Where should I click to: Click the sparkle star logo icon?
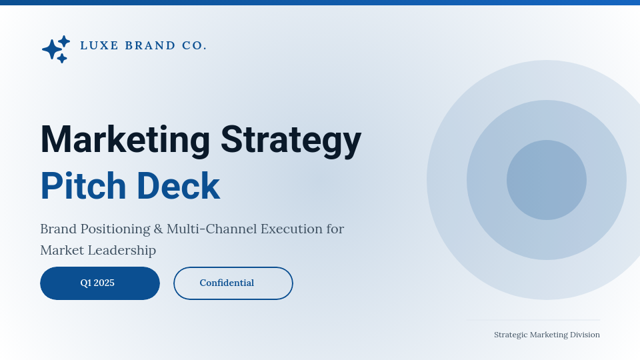55,49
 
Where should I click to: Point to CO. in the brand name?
194,45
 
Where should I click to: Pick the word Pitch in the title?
83,186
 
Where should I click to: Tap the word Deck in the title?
178,186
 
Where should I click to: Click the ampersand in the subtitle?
158,229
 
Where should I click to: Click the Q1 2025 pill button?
100,283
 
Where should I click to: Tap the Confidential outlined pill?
233,283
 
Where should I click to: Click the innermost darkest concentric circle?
547,180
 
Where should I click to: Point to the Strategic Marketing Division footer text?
547,335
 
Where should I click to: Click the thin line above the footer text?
533,320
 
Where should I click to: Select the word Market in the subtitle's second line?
61,250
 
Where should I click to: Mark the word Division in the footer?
584,335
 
